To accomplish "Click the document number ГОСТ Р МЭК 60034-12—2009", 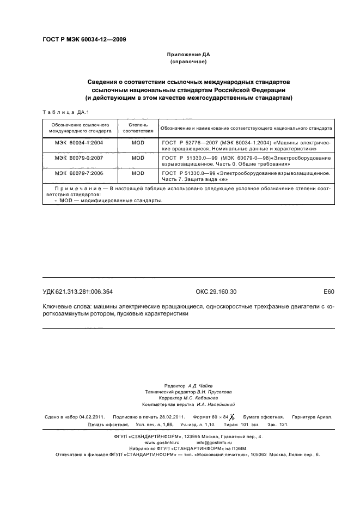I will click(84, 40).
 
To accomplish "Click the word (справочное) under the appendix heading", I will click(188, 63).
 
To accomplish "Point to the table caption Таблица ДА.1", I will click(62, 112).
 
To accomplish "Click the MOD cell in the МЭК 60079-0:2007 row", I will click(138, 157).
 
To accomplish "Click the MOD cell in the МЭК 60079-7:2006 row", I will click(138, 173).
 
